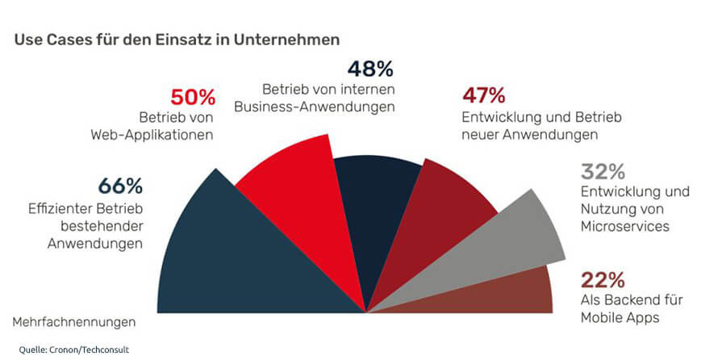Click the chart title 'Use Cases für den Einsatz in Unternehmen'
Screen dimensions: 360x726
(177, 39)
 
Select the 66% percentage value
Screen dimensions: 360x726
(120, 185)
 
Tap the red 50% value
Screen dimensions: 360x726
(193, 98)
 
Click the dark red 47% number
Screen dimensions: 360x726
(483, 97)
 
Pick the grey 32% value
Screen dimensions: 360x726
(603, 172)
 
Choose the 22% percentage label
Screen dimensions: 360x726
(603, 280)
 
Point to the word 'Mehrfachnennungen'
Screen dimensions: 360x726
(73, 322)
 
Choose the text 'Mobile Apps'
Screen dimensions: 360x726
(620, 317)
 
